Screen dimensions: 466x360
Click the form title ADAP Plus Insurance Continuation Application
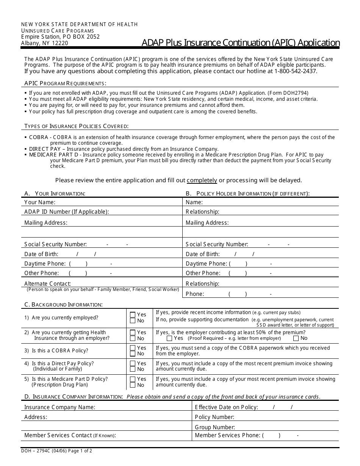click(x=241, y=42)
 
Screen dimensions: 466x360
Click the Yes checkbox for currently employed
click(x=133, y=314)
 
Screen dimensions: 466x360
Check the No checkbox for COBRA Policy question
click(x=133, y=354)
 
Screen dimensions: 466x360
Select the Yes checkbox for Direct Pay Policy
click(x=133, y=363)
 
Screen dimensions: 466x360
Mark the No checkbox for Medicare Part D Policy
click(x=133, y=385)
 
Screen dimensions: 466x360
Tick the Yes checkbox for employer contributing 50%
click(x=169, y=338)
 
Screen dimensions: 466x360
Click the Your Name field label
click(x=40, y=202)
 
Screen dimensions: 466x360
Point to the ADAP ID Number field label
click(x=66, y=212)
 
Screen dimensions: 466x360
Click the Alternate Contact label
click(x=47, y=283)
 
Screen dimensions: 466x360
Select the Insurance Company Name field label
click(x=59, y=407)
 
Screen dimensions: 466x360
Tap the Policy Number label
click(x=214, y=417)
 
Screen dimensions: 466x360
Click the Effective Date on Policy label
click(x=226, y=407)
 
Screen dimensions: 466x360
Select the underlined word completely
click(x=202, y=180)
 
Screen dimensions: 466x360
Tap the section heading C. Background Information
click(x=63, y=304)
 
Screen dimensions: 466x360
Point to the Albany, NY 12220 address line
click(x=44, y=43)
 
